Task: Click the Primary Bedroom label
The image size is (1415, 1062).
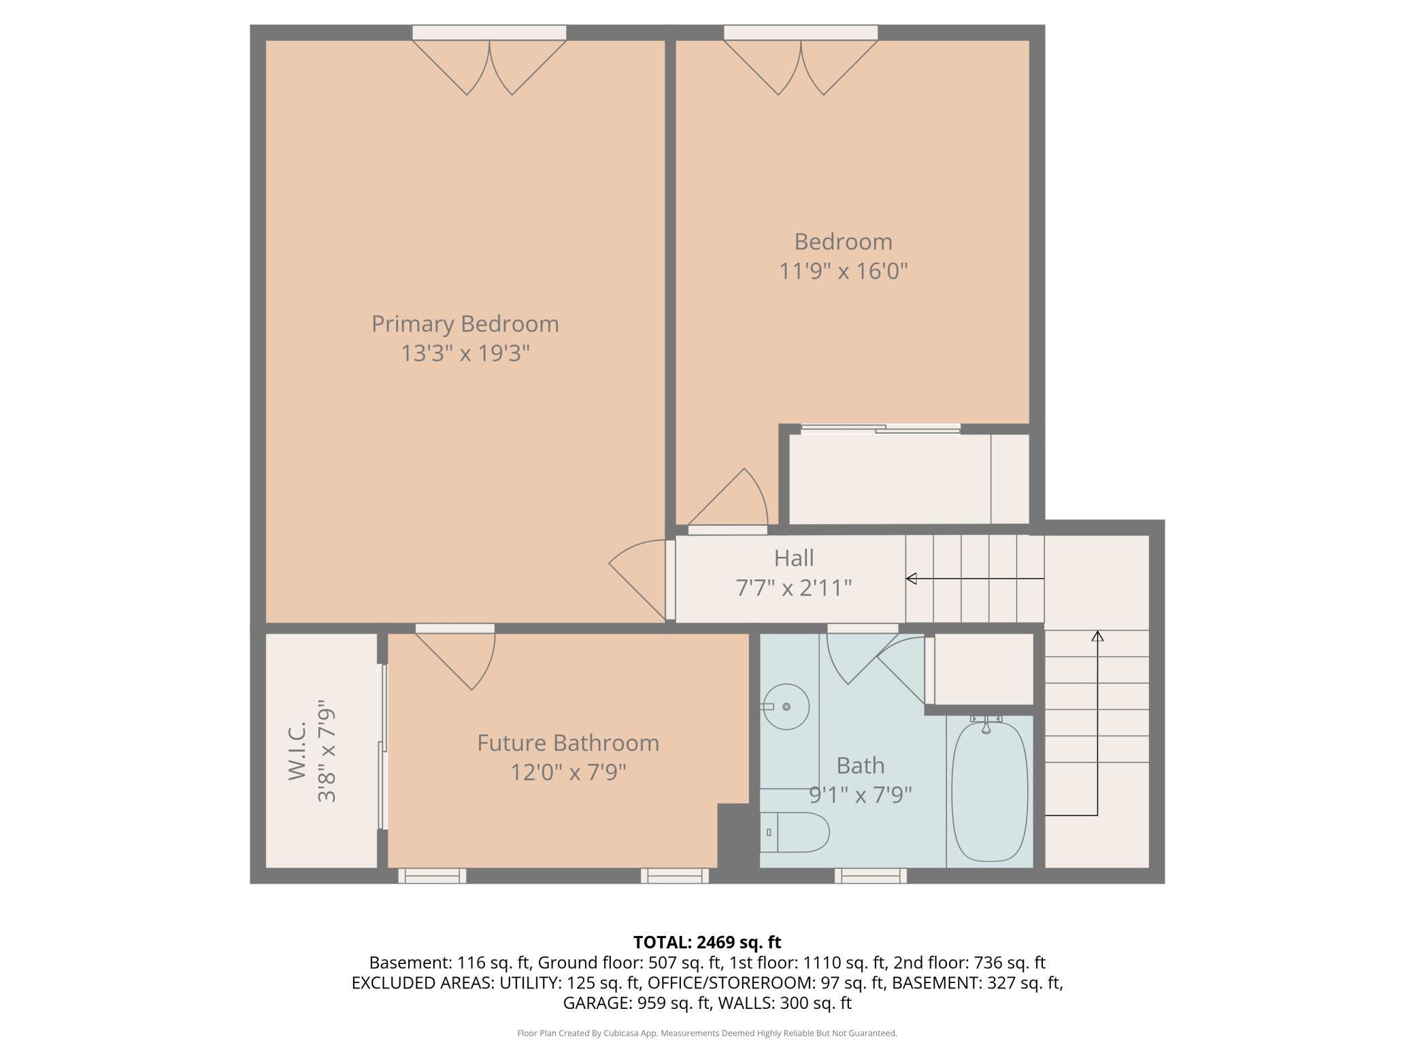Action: (465, 324)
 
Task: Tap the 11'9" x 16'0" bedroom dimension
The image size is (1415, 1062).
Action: (844, 271)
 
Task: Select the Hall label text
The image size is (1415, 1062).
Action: (794, 558)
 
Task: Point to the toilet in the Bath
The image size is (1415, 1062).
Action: (795, 832)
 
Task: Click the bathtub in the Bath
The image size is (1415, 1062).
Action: (990, 792)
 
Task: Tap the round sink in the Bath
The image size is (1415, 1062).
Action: (786, 707)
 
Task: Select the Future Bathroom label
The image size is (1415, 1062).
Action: (568, 743)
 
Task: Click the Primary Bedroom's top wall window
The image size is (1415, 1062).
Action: (489, 33)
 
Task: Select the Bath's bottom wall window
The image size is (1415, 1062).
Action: (871, 875)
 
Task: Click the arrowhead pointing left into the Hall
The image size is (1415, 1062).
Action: (911, 579)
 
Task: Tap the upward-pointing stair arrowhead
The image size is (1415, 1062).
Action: (1097, 636)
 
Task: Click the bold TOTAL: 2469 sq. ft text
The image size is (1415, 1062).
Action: (707, 942)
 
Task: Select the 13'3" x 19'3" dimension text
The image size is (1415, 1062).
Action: (465, 353)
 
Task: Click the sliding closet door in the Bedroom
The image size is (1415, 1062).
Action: (880, 429)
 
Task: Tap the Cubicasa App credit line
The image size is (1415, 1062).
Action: (707, 1033)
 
